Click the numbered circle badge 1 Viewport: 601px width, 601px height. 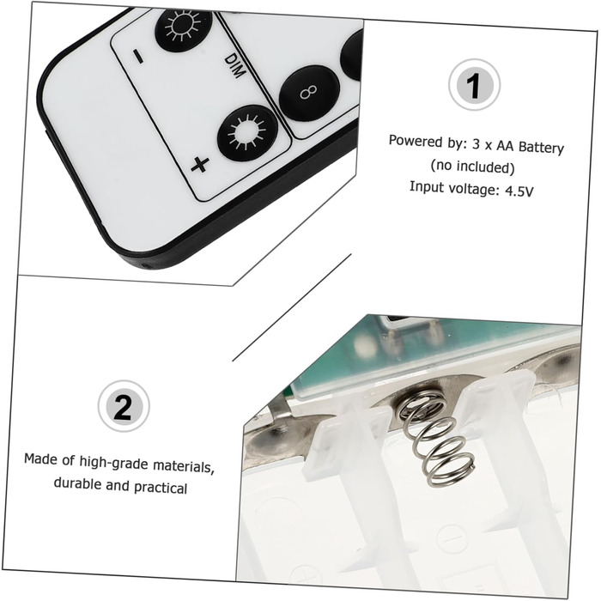(x=474, y=85)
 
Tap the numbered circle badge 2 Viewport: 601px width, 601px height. (x=124, y=406)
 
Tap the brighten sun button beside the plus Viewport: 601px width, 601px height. (x=247, y=132)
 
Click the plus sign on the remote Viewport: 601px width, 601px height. (x=200, y=165)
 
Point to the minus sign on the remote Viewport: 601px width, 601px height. (x=137, y=56)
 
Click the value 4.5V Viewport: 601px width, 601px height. (x=519, y=191)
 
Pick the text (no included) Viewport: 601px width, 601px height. (x=472, y=167)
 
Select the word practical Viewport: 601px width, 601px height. (x=161, y=488)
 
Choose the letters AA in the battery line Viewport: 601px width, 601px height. (x=506, y=146)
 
